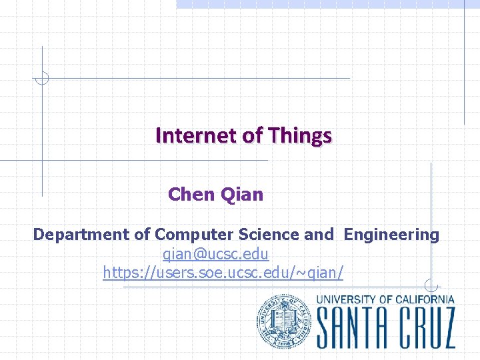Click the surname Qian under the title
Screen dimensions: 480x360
coord(242,195)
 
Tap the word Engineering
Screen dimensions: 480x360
coord(391,235)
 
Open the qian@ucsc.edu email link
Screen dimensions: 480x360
coord(216,254)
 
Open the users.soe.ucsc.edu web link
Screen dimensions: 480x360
coord(223,272)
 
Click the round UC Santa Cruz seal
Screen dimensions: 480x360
coord(284,321)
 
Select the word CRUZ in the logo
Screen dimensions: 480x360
coord(427,327)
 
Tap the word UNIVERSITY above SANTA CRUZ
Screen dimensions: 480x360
coord(346,299)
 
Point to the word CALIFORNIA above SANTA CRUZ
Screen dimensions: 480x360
coord(425,299)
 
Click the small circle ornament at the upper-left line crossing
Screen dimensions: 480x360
coord(42,78)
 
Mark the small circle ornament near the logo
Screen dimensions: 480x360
coord(431,286)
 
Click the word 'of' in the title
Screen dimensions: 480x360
coord(253,135)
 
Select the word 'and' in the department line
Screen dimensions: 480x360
coord(319,235)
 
